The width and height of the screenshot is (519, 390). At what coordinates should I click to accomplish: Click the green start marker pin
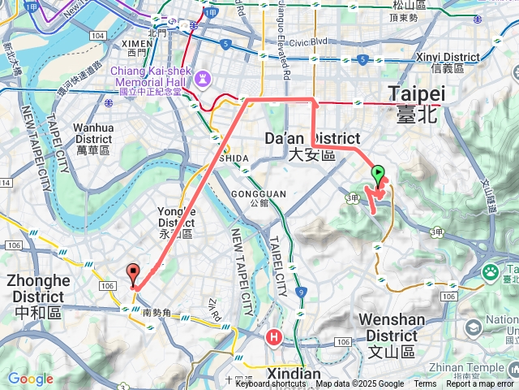[x=378, y=174]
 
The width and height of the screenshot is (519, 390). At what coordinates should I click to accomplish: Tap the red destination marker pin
[x=134, y=274]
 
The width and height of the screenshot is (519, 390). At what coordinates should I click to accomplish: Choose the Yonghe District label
[x=176, y=222]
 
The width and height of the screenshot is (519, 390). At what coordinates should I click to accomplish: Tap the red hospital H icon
[x=276, y=336]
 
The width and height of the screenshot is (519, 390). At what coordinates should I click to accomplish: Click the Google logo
[x=30, y=379]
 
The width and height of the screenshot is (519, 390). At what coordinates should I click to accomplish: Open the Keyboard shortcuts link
[x=271, y=384]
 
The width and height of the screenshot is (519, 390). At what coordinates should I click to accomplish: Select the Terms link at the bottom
[x=425, y=384]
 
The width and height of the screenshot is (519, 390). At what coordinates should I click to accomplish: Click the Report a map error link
[x=480, y=384]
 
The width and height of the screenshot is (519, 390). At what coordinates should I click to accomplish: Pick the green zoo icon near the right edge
[x=491, y=272]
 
